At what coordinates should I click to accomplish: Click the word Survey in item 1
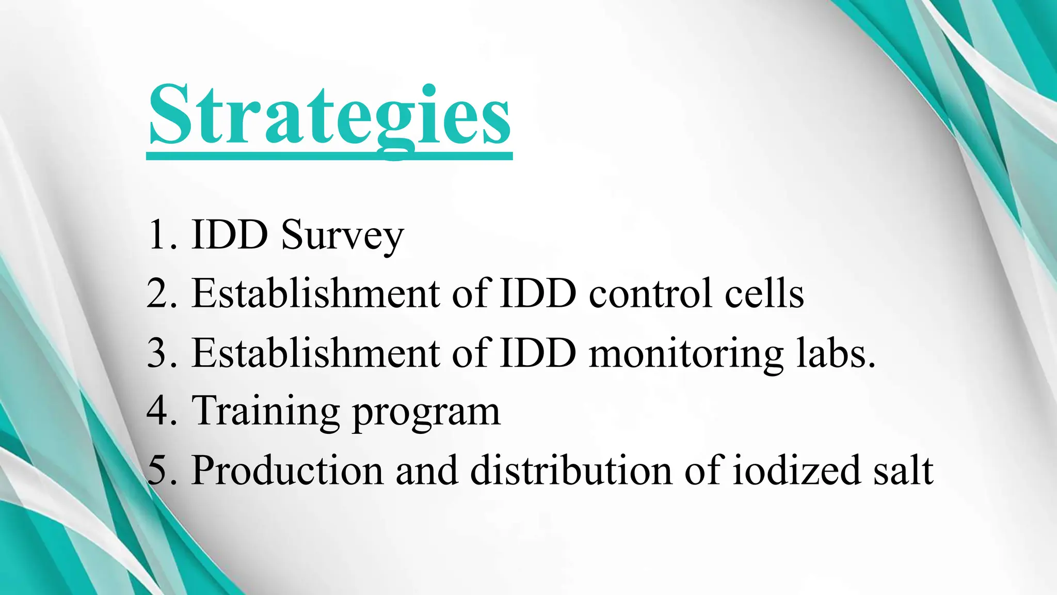coord(342,236)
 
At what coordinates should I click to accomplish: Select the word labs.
coord(835,353)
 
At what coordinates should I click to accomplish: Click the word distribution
coord(571,471)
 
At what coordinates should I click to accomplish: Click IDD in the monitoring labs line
coord(538,353)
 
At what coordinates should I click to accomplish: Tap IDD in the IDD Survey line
coord(229,236)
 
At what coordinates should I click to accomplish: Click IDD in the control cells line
coord(538,293)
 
